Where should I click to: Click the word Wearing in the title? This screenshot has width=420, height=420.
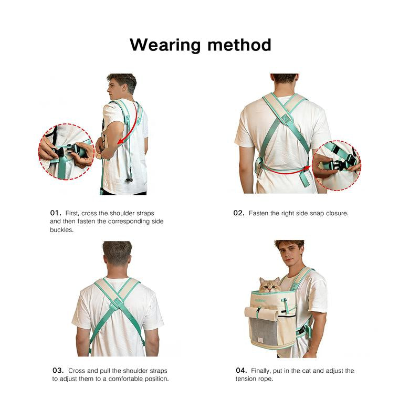[x=165, y=45]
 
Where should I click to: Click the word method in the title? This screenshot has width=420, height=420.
[x=239, y=45]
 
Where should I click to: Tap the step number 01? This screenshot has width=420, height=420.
[x=56, y=213]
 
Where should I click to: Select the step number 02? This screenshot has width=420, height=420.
[x=239, y=213]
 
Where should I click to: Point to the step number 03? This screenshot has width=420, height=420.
[x=58, y=371]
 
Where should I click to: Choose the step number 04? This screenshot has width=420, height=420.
[x=241, y=371]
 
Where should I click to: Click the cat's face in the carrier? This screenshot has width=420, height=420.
[x=270, y=286]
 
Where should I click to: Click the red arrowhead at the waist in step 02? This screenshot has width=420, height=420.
[x=307, y=169]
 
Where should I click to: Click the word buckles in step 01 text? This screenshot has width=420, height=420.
[x=61, y=230]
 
